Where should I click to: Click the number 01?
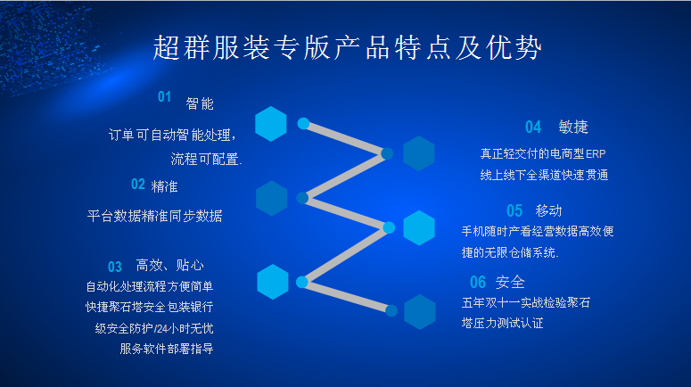pyautogui.click(x=165, y=97)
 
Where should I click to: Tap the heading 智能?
pyautogui.click(x=200, y=103)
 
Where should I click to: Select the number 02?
pyautogui.click(x=138, y=185)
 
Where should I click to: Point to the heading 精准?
pyautogui.click(x=164, y=186)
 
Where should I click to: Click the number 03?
pyautogui.click(x=115, y=267)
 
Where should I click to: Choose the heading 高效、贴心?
pyautogui.click(x=170, y=265)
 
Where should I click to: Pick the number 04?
pyautogui.click(x=533, y=127)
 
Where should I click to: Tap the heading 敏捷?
pyautogui.click(x=573, y=127)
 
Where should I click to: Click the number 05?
pyautogui.click(x=514, y=210)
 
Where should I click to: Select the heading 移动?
pyautogui.click(x=548, y=210)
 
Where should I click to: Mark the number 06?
pyautogui.click(x=478, y=282)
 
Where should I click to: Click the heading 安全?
pyautogui.click(x=510, y=282)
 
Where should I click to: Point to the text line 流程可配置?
pyautogui.click(x=207, y=160)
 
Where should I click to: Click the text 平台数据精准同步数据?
pyautogui.click(x=155, y=216)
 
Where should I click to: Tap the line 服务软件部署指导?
pyautogui.click(x=167, y=349)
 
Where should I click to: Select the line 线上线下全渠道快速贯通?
pyautogui.click(x=544, y=176)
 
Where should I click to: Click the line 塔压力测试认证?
pyautogui.click(x=502, y=323)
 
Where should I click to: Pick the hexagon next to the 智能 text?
pyautogui.click(x=271, y=123)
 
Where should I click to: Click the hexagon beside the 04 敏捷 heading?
pyautogui.click(x=418, y=153)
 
